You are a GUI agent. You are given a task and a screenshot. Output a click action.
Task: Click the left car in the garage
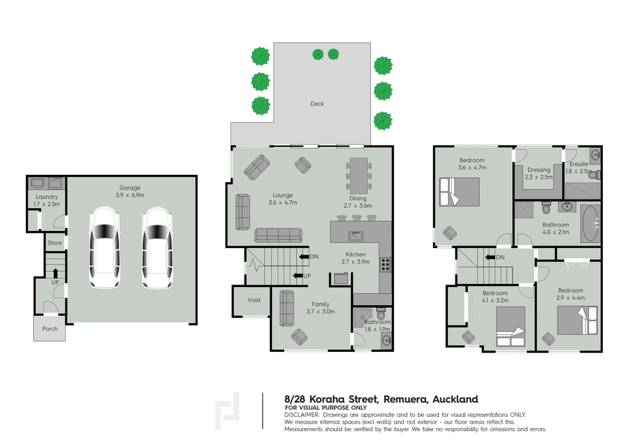tap(105, 247)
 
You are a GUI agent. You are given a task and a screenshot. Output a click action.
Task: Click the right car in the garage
tap(157, 247)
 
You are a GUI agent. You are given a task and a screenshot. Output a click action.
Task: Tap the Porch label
tap(50, 329)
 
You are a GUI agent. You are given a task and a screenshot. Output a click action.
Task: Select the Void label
tap(254, 300)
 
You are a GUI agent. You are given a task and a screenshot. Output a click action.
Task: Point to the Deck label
tap(317, 103)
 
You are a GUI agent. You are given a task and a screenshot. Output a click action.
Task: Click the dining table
tap(358, 175)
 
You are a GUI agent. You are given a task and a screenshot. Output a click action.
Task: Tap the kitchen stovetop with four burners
tap(385, 265)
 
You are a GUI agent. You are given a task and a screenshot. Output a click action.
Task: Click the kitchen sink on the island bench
tap(356, 236)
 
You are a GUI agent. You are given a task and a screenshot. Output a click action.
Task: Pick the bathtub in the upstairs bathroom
tap(591, 223)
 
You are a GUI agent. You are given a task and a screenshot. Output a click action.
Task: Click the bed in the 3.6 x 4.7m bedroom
tap(460, 191)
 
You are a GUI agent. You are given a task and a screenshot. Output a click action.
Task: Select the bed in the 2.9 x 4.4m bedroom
tap(577, 320)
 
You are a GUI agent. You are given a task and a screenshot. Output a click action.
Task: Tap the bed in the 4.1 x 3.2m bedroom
tap(511, 327)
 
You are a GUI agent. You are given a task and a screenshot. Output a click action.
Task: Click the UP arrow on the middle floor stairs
tap(297, 276)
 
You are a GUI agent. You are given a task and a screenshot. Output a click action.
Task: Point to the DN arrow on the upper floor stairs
tap(490, 257)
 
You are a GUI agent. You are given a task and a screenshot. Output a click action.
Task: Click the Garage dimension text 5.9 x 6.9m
tap(130, 195)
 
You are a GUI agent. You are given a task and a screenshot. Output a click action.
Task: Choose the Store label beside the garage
tap(55, 243)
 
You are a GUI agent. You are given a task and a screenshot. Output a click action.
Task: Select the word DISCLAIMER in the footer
tap(302, 415)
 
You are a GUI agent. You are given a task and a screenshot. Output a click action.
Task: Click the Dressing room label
tap(539, 170)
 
